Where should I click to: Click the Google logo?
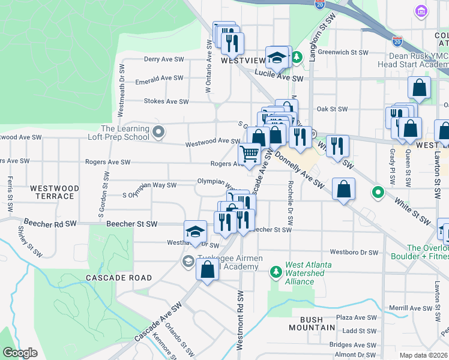(x=20, y=353)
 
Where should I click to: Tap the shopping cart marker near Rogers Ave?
(x=250, y=154)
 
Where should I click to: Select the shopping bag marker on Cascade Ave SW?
(x=207, y=270)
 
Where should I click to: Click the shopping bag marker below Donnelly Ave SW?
(x=343, y=190)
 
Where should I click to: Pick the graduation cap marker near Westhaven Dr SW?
(x=195, y=233)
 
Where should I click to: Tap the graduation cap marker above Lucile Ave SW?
(x=277, y=58)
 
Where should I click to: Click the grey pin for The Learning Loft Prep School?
(x=158, y=131)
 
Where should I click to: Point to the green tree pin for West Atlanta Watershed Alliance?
(x=276, y=273)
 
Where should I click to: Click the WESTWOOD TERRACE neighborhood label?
(x=55, y=192)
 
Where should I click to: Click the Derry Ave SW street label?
(x=164, y=59)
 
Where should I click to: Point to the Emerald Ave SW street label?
(x=160, y=78)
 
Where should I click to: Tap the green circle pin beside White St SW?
(x=378, y=193)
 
